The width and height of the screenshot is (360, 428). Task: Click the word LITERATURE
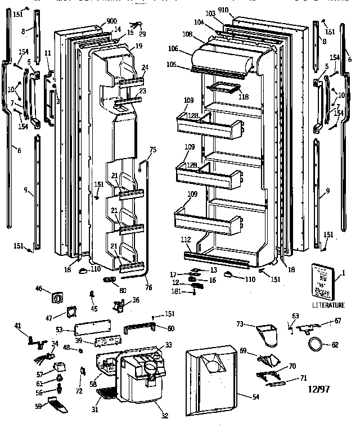[x=328, y=305]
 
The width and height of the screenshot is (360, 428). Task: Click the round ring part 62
[x=317, y=343]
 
